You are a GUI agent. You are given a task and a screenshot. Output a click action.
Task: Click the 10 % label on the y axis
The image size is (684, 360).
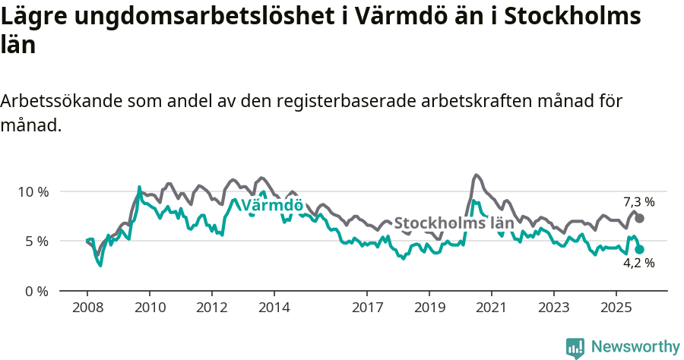[x=33, y=191]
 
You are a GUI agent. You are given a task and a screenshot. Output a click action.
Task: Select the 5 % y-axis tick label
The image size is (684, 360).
[x=36, y=242]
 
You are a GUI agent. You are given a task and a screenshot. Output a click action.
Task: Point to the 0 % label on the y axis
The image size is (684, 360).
[x=36, y=291]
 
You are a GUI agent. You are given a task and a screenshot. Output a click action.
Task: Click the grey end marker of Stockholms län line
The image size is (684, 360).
[x=640, y=218]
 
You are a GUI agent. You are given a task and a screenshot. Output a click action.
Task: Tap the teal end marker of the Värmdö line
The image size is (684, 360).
[x=640, y=249]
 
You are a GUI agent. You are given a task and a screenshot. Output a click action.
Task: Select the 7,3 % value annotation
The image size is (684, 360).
[x=638, y=202]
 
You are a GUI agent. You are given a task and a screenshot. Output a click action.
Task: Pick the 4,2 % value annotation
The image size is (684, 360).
[x=638, y=264]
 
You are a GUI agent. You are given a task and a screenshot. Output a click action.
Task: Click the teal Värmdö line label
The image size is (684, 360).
[x=272, y=206]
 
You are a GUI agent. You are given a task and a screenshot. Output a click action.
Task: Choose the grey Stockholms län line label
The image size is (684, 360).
[x=454, y=223]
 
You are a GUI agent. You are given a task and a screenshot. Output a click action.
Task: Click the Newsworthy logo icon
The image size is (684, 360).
[x=575, y=347]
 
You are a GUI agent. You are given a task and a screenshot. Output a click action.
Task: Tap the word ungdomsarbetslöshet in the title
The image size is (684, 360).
[x=191, y=17]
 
